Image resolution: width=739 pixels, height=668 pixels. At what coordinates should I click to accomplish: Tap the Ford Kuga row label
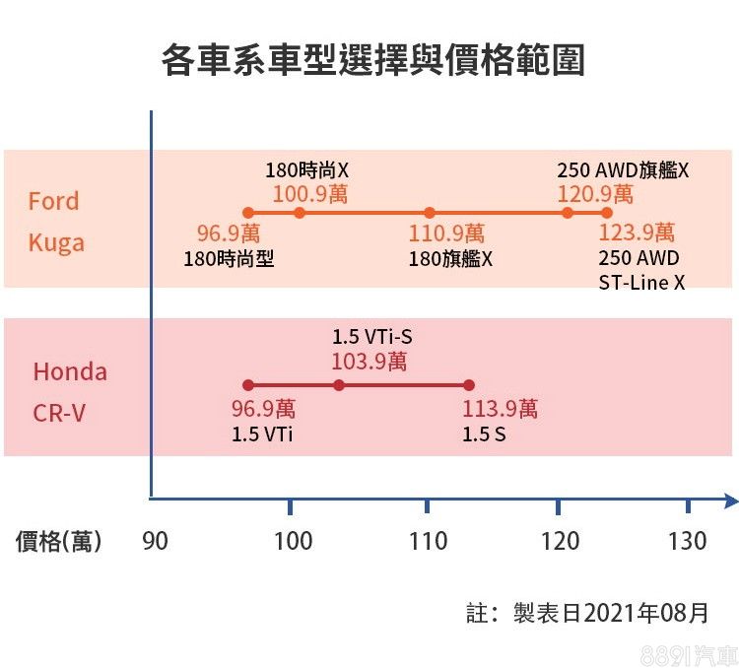pyautogui.click(x=55, y=222)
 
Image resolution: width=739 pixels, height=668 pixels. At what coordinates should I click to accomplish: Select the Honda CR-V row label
pyautogui.click(x=70, y=391)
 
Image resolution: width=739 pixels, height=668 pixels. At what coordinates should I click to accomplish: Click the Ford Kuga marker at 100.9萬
pyautogui.click(x=300, y=213)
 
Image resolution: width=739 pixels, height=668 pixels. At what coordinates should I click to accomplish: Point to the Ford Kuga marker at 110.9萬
pyautogui.click(x=430, y=213)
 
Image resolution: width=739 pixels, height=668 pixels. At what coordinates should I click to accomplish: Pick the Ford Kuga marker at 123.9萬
pyautogui.click(x=607, y=213)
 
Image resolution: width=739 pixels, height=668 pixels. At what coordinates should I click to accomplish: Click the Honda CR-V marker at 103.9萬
pyautogui.click(x=339, y=385)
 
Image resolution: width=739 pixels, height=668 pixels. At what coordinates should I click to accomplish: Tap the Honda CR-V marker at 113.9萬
pyautogui.click(x=469, y=385)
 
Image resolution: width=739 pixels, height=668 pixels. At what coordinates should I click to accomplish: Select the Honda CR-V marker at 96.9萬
pyautogui.click(x=248, y=385)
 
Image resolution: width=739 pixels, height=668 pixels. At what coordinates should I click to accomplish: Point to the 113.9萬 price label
pyautogui.click(x=501, y=409)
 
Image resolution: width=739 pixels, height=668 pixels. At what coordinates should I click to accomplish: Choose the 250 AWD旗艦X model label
pyautogui.click(x=623, y=170)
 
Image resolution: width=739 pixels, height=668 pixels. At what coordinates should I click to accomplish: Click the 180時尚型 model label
pyautogui.click(x=229, y=259)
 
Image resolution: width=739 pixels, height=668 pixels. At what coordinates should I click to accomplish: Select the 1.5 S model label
pyautogui.click(x=484, y=433)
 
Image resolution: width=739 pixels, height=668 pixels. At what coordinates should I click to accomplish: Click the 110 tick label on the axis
pyautogui.click(x=428, y=541)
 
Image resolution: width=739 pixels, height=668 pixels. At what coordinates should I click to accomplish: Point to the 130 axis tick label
pyautogui.click(x=687, y=541)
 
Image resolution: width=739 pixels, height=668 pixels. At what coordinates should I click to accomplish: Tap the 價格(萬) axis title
pyautogui.click(x=58, y=541)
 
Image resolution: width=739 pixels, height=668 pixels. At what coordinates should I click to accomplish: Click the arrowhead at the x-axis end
pyautogui.click(x=730, y=501)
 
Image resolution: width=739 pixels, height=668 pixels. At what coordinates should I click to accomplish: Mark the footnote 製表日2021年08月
pyautogui.click(x=611, y=613)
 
